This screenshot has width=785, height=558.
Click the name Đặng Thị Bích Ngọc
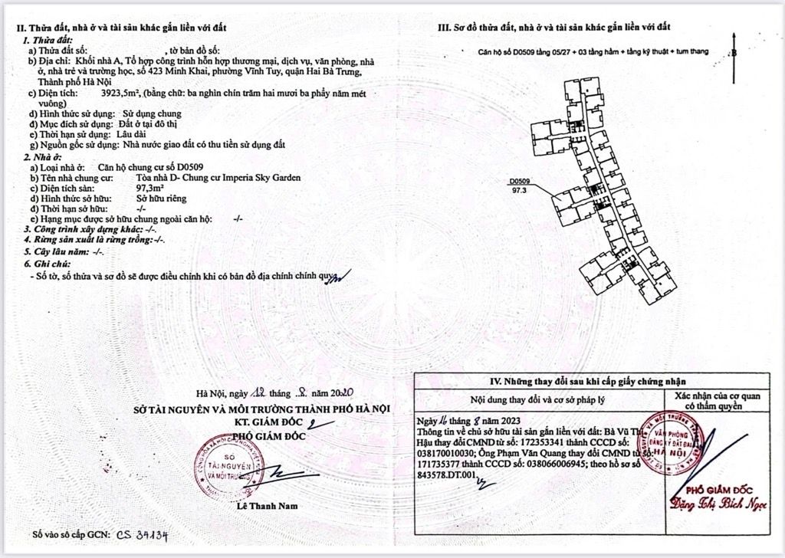pos(719,499)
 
